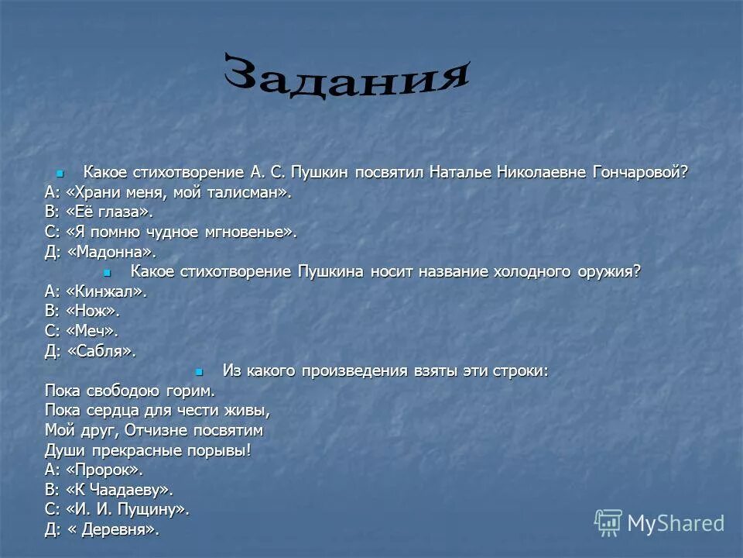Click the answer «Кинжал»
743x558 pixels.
(104, 291)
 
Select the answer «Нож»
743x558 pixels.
(92, 312)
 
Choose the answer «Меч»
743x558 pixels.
(91, 331)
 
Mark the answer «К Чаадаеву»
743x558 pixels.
(118, 489)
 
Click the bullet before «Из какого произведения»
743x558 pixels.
(199, 371)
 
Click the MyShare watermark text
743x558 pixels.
(676, 523)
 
